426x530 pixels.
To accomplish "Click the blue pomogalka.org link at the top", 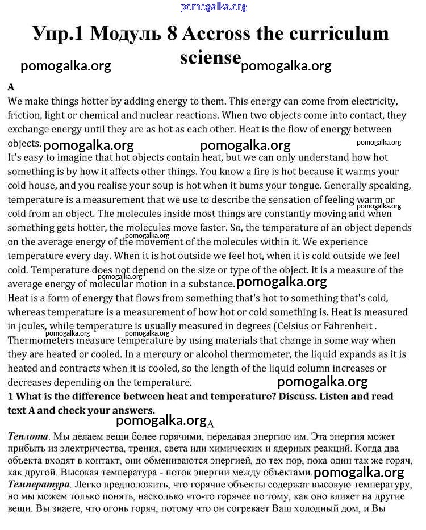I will pos(214,7).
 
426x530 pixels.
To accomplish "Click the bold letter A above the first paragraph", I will pos(11,87).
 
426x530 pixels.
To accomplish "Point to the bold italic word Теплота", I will pos(28,437).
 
